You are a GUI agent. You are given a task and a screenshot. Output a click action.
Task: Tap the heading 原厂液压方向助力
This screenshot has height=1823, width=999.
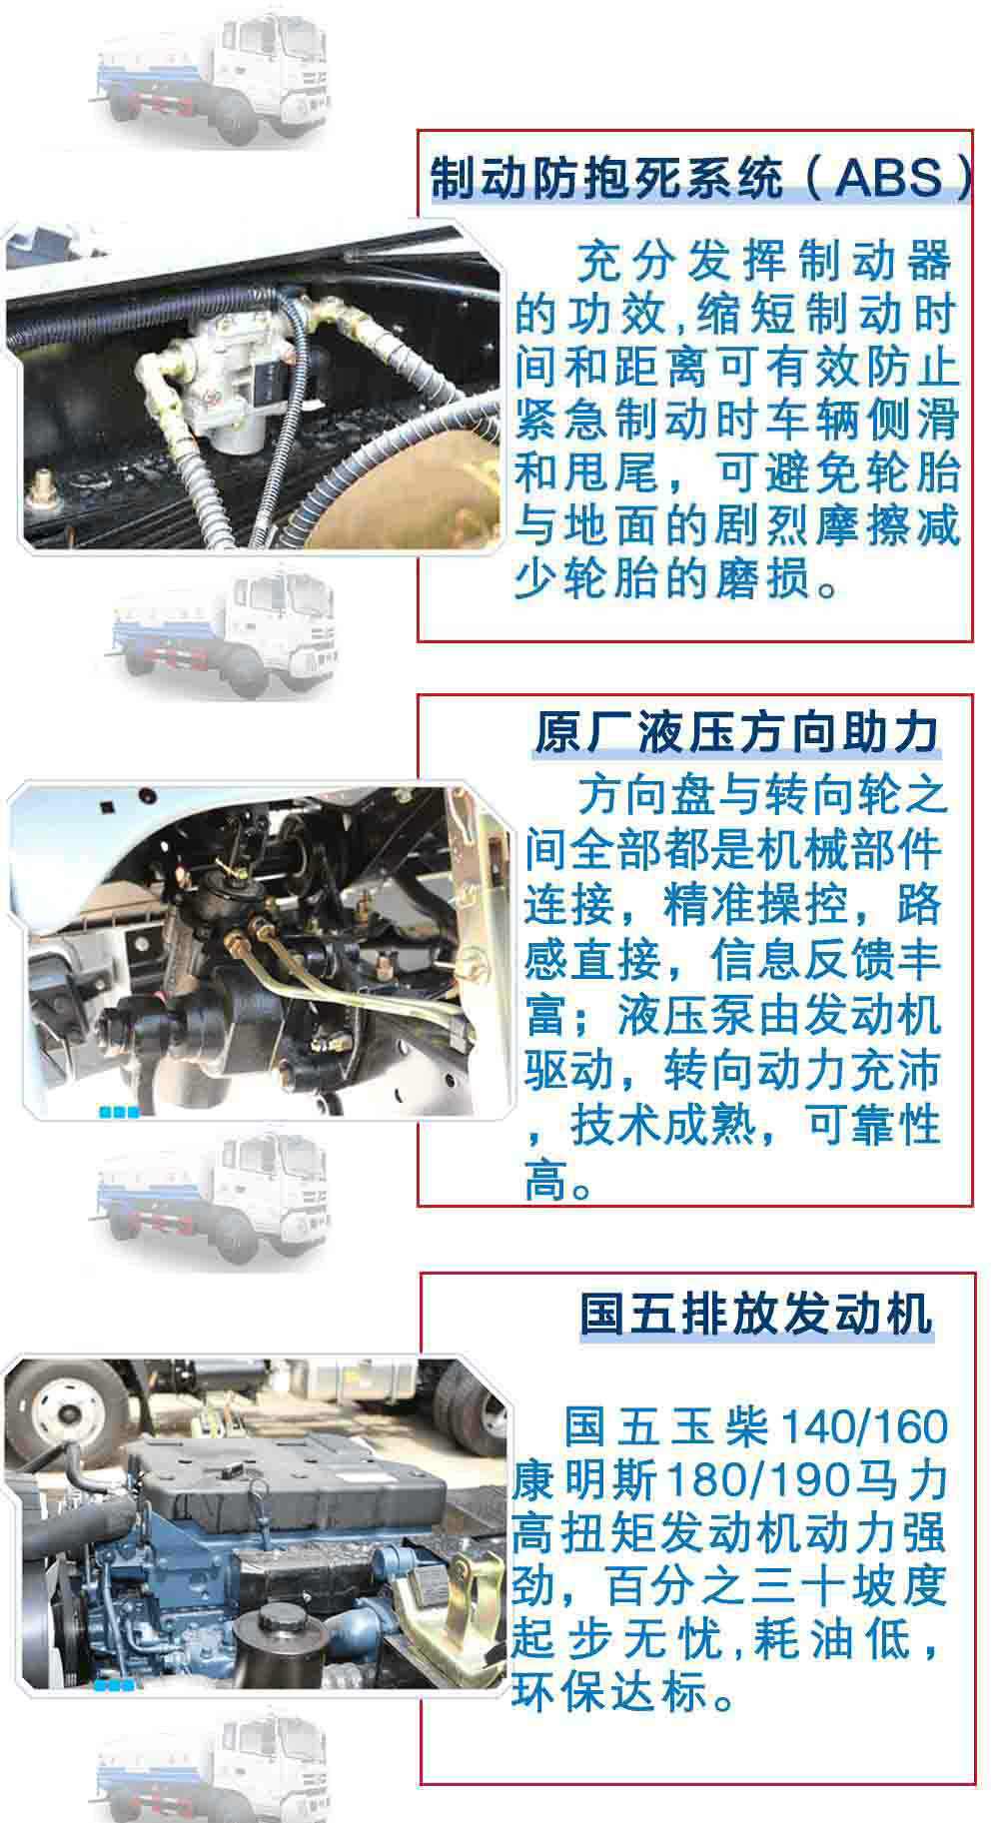pyautogui.click(x=737, y=731)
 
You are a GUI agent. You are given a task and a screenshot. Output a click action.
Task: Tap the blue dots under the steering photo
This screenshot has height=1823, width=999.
pyautogui.click(x=118, y=1112)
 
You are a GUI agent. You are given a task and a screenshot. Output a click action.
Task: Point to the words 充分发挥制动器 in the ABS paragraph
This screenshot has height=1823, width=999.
pyautogui.click(x=763, y=262)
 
